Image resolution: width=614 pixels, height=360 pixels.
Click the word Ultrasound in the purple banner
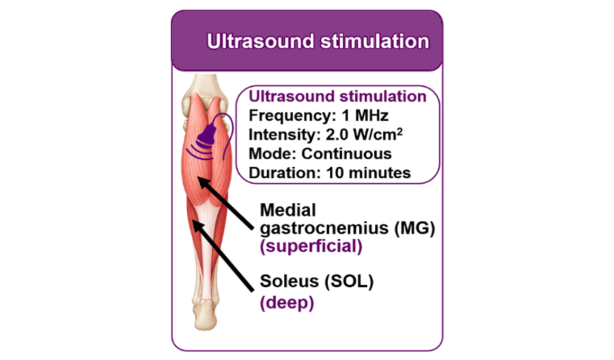tap(260, 41)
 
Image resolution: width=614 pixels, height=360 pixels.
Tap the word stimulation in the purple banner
tap(375, 41)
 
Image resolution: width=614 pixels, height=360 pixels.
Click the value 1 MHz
tap(365, 115)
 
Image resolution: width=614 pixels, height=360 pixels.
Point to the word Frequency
tap(293, 116)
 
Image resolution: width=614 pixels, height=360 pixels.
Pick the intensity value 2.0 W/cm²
tap(364, 134)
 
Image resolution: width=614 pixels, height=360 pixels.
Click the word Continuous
tap(346, 154)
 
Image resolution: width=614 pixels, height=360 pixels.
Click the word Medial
tap(288, 210)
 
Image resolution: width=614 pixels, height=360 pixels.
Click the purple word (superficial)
tap(311, 246)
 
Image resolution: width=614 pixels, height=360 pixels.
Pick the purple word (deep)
tap(287, 303)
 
